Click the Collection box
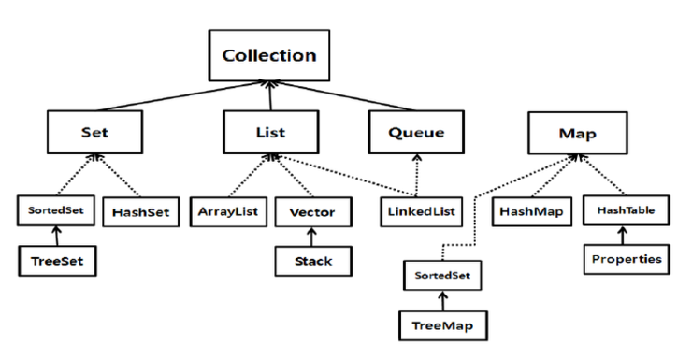(x=269, y=54)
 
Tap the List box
(x=269, y=132)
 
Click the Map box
(x=577, y=132)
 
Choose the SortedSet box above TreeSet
(x=55, y=210)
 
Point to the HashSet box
(x=139, y=212)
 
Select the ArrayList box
(x=228, y=212)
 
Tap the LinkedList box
(x=421, y=212)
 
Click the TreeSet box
(x=55, y=261)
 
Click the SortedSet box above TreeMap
(x=438, y=277)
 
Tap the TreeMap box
(x=438, y=325)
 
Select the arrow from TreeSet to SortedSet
(x=55, y=236)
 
